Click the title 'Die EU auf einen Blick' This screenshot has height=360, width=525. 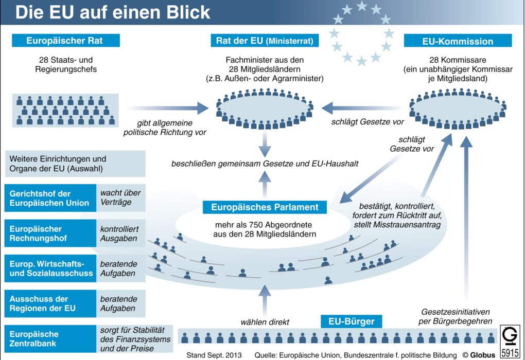[113, 12]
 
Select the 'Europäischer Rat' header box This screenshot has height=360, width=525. [66, 41]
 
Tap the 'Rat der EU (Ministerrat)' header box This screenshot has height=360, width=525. [265, 41]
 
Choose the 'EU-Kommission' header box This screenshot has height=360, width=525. [458, 41]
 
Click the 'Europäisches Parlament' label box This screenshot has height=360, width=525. [265, 207]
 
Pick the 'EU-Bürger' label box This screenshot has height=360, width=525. [351, 321]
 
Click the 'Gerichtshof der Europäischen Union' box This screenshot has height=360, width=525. [50, 198]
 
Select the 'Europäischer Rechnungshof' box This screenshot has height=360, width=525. [50, 233]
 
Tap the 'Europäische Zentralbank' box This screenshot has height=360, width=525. [50, 338]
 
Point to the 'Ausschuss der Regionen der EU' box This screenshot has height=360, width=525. [50, 303]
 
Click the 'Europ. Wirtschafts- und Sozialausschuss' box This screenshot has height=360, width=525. [50, 268]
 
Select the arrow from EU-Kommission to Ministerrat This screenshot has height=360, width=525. [362, 108]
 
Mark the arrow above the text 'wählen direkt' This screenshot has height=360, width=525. [265, 300]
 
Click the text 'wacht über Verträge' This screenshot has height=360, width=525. [120, 197]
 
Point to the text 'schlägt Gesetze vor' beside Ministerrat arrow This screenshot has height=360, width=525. [367, 122]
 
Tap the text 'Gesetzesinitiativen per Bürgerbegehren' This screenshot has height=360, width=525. [456, 316]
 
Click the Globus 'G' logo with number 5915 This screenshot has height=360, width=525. [510, 341]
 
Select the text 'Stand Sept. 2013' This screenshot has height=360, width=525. [214, 355]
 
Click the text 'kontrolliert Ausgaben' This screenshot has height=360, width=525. [119, 233]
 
